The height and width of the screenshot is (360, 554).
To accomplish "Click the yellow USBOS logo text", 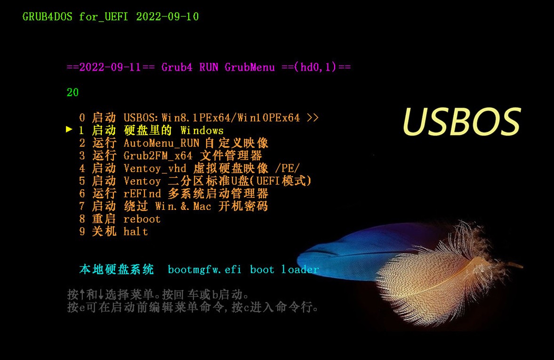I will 461,121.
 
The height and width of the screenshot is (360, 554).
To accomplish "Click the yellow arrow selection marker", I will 69,129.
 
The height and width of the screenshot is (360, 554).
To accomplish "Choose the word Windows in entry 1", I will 202,130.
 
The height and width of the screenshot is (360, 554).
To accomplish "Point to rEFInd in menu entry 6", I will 142,193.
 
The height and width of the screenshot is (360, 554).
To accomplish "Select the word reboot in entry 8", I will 142,219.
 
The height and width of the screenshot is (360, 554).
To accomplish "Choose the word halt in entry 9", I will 136,232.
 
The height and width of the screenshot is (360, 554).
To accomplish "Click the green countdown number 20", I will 72,93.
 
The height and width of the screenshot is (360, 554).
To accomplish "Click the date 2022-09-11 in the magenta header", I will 110,67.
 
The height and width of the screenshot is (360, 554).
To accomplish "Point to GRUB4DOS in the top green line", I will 47,17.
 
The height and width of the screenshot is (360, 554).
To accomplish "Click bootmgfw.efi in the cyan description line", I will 205,270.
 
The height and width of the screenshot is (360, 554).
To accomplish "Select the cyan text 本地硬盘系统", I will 116,270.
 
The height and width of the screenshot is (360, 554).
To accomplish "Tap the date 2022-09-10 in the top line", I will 167,17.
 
